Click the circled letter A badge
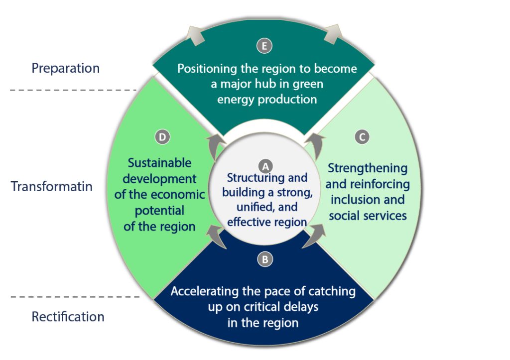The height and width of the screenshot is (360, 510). (x=265, y=165)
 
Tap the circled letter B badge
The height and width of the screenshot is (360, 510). (x=265, y=259)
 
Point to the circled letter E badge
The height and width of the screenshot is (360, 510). (x=264, y=46)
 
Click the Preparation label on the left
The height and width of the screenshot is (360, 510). (x=66, y=68)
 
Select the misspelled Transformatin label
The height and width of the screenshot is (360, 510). (x=52, y=186)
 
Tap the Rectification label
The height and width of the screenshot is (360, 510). (x=68, y=317)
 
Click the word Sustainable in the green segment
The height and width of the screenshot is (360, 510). (x=159, y=163)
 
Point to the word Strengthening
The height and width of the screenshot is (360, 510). (x=368, y=168)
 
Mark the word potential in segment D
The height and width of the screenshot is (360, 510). (x=159, y=211)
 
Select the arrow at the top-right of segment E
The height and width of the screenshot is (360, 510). (x=333, y=34)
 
